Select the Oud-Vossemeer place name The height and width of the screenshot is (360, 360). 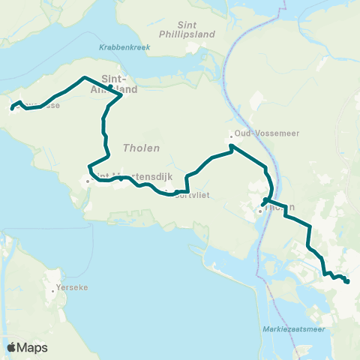[x=256, y=133]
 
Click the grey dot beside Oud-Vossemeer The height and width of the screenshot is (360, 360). [x=231, y=136]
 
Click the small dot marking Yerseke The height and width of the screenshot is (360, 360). [x=54, y=289]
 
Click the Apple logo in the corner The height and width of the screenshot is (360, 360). [x=13, y=347]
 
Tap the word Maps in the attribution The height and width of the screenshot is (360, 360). [x=34, y=348]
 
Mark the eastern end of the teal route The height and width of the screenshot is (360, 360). [x=348, y=282]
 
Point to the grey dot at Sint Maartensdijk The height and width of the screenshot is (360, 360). [x=88, y=181]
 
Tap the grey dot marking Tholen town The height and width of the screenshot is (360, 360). [x=259, y=211]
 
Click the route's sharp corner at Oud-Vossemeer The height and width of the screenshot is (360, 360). [x=232, y=145]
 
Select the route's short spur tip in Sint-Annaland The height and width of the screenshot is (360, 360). [x=109, y=87]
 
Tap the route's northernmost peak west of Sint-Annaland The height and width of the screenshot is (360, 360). [x=83, y=77]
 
